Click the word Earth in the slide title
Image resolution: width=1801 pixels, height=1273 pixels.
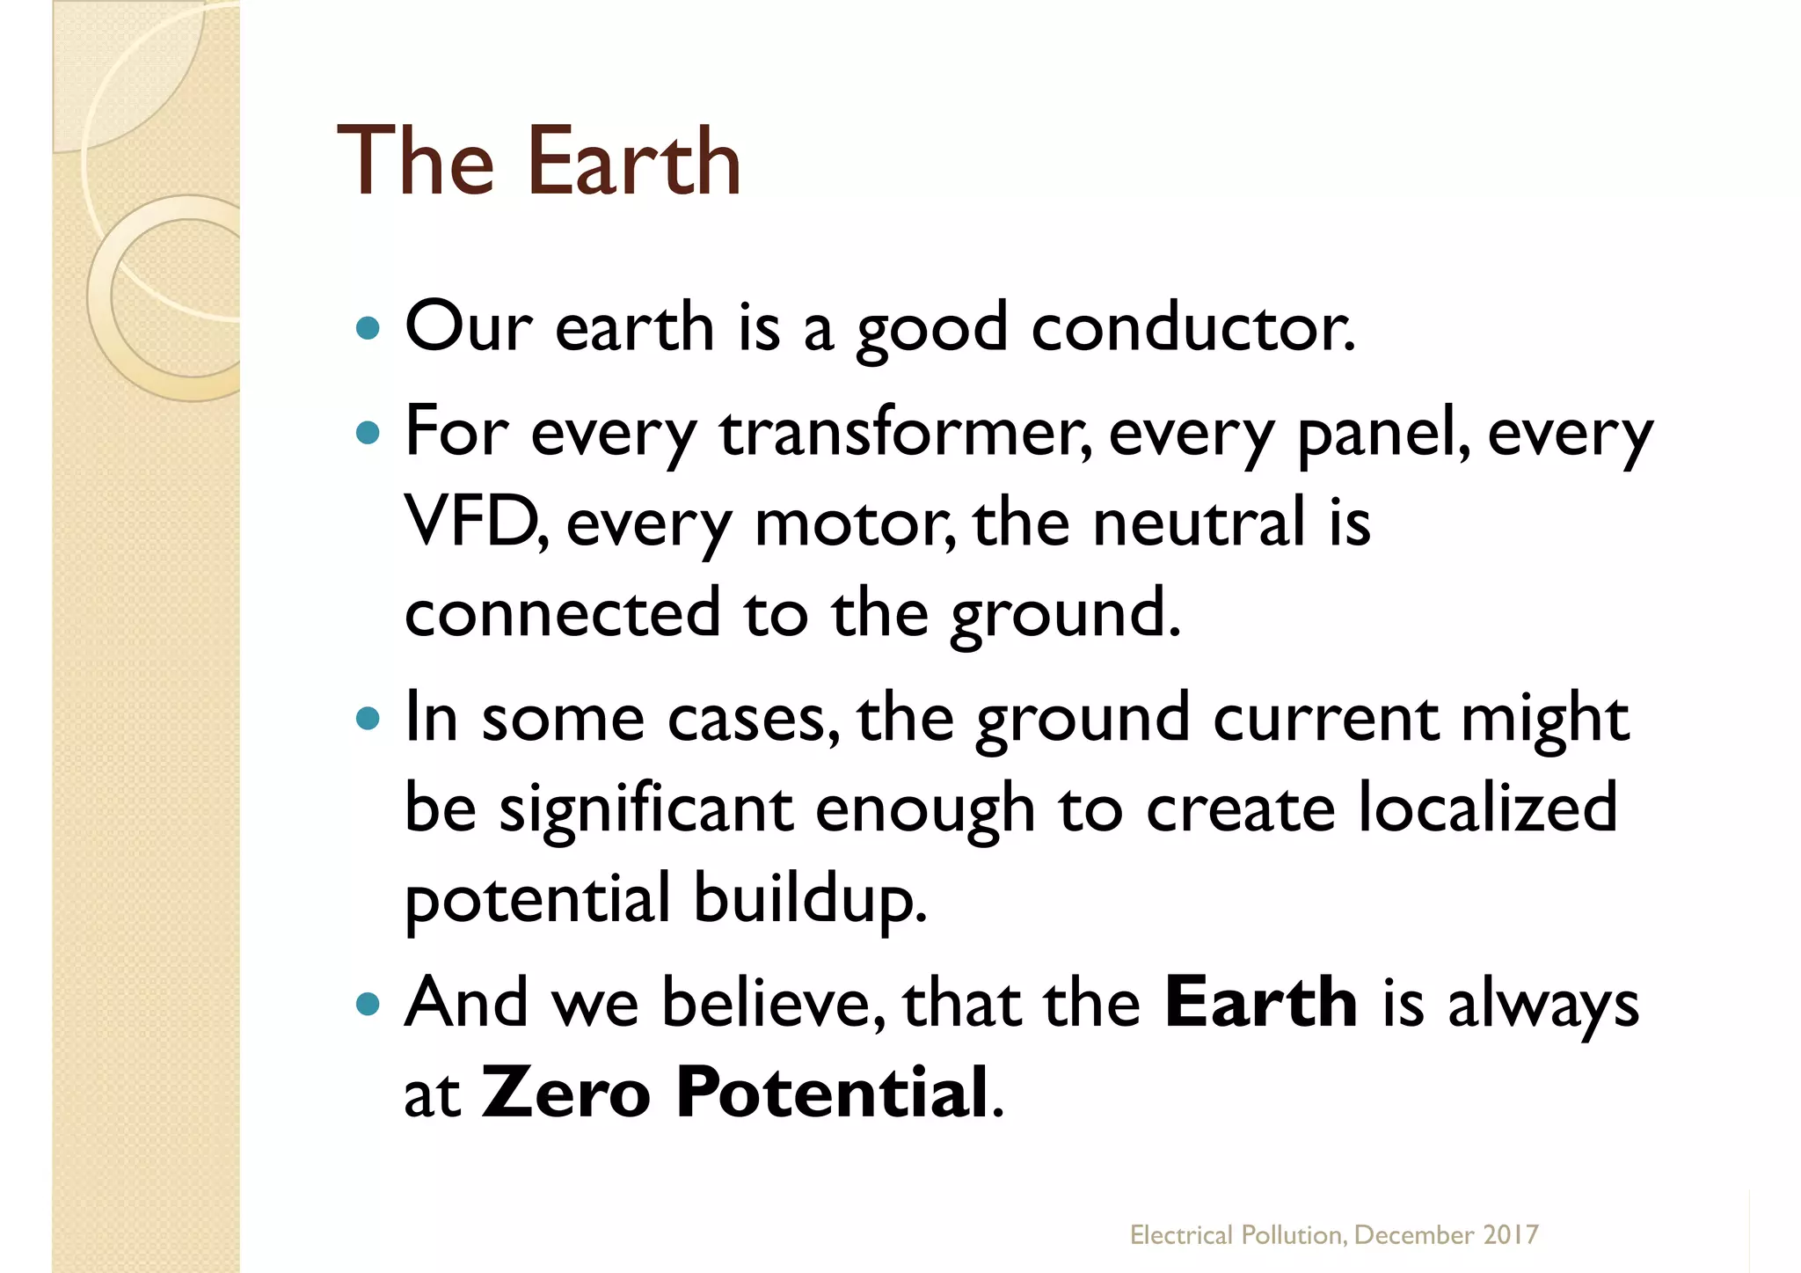(x=633, y=163)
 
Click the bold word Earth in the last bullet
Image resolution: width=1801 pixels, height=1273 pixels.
(x=1260, y=1003)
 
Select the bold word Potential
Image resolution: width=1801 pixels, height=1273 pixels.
(x=832, y=1093)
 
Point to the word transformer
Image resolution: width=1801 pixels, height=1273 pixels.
(x=904, y=433)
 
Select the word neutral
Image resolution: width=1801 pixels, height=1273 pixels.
(x=1199, y=521)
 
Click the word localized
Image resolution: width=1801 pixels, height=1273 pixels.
(x=1487, y=807)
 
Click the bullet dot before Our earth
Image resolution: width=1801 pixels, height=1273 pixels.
(x=368, y=329)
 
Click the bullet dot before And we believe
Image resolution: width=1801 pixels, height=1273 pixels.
(x=368, y=1004)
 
